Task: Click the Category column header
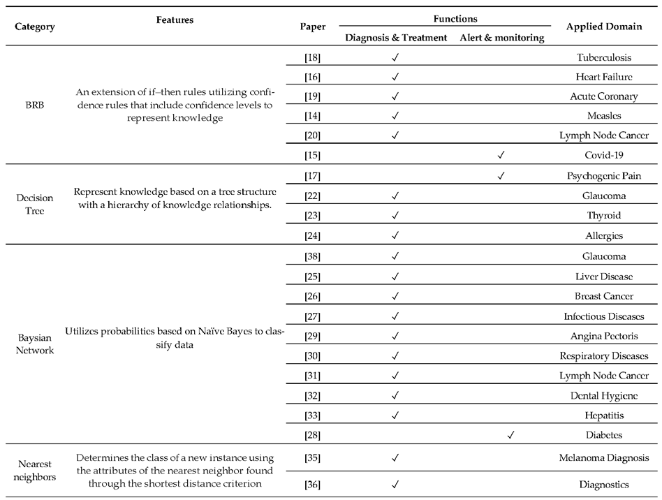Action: point(35,27)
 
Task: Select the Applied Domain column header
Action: point(604,27)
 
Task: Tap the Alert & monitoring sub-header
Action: point(501,38)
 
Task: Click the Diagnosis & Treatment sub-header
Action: point(396,38)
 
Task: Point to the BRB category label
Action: point(35,105)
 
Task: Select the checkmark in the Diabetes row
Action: point(510,434)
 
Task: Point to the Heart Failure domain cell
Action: point(604,76)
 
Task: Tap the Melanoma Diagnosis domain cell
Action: point(604,458)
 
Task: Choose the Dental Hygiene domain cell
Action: point(604,395)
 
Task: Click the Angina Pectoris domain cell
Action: point(604,336)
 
